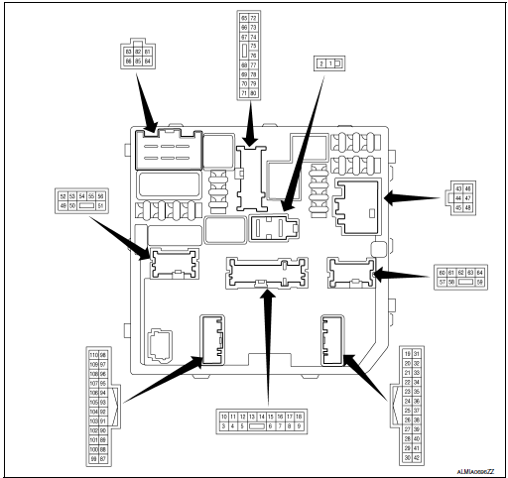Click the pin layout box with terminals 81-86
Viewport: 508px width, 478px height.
coord(138,55)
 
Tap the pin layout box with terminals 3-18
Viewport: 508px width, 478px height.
coord(262,420)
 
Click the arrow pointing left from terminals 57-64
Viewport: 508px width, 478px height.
coord(402,277)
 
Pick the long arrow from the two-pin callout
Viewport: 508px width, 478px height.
coord(304,139)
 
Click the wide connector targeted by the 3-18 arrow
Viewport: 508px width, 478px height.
coord(263,271)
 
